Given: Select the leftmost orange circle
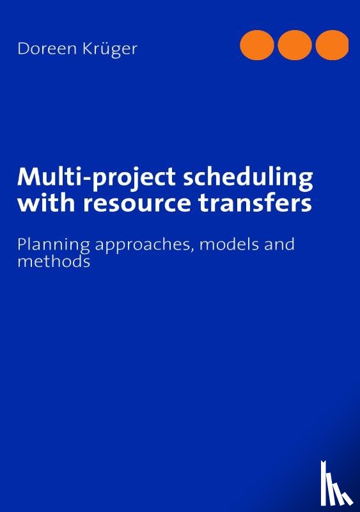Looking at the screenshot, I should coord(257,45).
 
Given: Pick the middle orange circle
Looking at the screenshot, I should coord(295,45).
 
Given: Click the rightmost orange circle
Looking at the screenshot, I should coord(332,45).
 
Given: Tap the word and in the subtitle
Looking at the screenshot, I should coord(276,244).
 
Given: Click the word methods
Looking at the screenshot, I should coord(54,261).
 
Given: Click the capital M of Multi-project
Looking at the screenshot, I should coord(29,176).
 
